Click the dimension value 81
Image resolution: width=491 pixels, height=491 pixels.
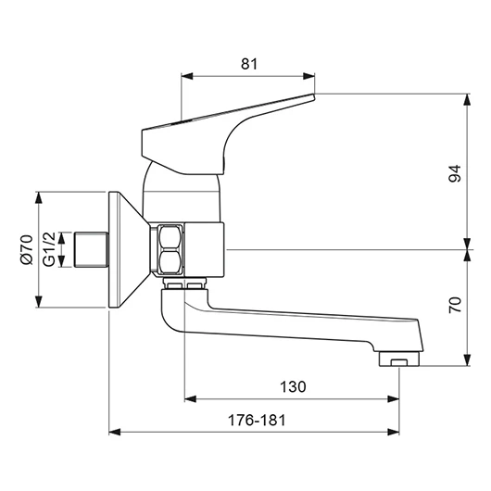tap(249, 64)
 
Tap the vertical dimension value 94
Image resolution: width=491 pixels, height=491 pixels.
tap(455, 173)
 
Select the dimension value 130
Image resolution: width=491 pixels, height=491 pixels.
tap(293, 386)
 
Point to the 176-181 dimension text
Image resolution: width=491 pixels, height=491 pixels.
tap(257, 421)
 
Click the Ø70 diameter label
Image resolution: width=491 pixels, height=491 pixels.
tap(27, 249)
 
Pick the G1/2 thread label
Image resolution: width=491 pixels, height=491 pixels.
tap(49, 249)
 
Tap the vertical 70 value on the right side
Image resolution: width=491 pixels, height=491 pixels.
tap(455, 305)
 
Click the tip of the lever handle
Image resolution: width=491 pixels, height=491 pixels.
tap(313, 94)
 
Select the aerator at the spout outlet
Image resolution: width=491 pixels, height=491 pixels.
tap(399, 359)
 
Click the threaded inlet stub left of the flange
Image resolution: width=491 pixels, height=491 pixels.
tap(91, 249)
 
